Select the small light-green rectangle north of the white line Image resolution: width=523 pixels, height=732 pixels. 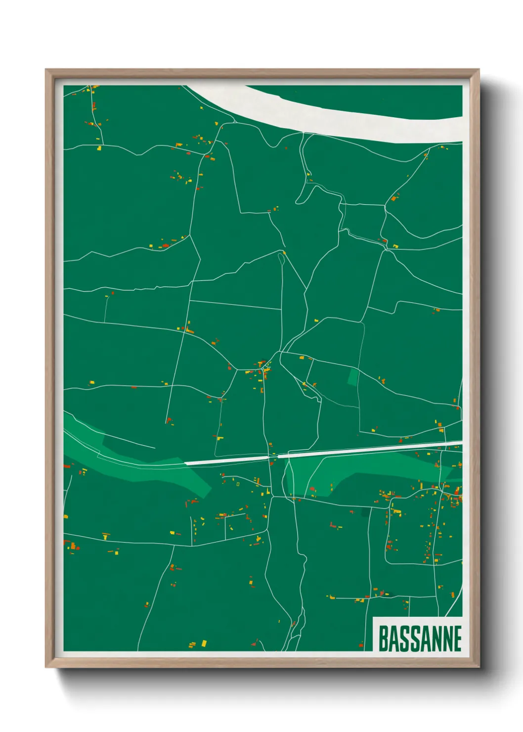coord(353,376)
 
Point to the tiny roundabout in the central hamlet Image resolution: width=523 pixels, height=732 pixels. coord(266,368)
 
